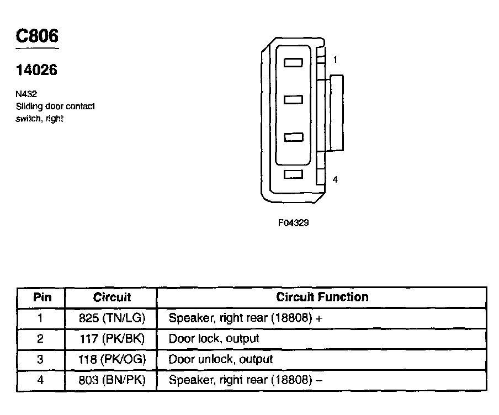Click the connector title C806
point(36,36)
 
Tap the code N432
point(26,94)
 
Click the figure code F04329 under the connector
point(293,224)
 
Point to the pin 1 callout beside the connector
point(335,60)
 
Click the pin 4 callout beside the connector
point(335,179)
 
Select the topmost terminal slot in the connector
point(293,63)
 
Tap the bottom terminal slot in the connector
point(293,174)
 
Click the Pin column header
point(43,297)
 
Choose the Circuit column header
point(112,297)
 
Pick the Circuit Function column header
point(322,297)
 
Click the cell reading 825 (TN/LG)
point(112,318)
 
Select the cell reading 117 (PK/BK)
point(112,338)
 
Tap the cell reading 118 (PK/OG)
point(112,359)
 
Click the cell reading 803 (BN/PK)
point(112,380)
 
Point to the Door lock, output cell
point(214,338)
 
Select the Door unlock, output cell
point(221,359)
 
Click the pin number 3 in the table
point(40,359)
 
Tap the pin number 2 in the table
point(40,338)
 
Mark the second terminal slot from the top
point(293,99)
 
